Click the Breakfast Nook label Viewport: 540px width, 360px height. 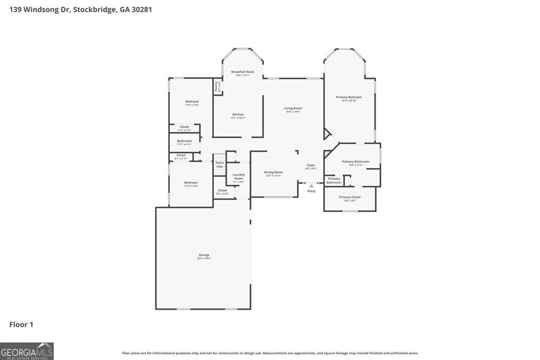(x=243, y=72)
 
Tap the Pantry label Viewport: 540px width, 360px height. (x=216, y=85)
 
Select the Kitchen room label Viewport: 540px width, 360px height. (x=238, y=114)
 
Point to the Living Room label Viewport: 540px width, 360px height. (x=293, y=108)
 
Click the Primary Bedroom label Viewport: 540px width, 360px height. (x=349, y=97)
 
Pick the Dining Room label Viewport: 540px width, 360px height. (x=273, y=172)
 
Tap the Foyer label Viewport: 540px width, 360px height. (x=311, y=165)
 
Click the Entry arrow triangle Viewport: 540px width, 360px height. (x=311, y=186)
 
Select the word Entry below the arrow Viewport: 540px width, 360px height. (x=311, y=191)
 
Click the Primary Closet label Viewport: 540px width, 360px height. (x=350, y=197)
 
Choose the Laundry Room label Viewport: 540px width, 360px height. (x=238, y=177)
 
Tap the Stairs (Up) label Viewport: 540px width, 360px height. (x=219, y=164)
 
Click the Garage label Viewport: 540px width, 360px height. (x=204, y=255)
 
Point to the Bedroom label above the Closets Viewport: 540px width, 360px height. (x=192, y=101)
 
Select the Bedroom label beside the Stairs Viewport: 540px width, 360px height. (x=191, y=182)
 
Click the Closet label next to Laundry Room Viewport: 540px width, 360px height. (x=223, y=190)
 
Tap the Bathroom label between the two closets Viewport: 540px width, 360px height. (x=185, y=141)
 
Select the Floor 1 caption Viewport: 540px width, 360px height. (x=21, y=325)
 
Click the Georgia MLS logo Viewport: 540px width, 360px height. (x=27, y=351)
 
